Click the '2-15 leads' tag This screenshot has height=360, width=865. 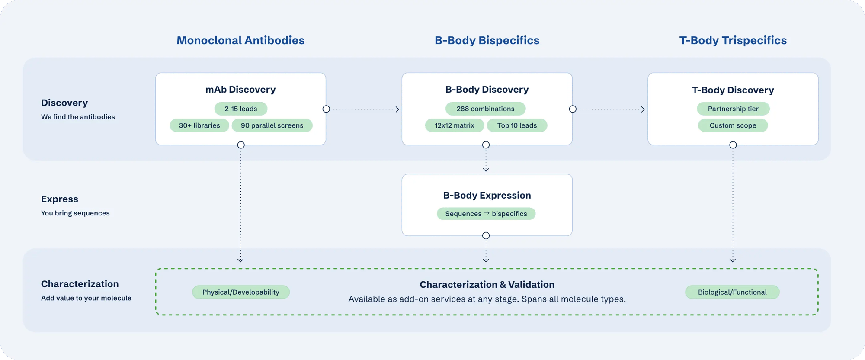241,109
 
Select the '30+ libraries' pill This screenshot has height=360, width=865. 199,125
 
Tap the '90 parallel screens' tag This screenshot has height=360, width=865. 272,125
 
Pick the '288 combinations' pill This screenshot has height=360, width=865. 485,109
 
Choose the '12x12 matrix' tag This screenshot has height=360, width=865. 455,125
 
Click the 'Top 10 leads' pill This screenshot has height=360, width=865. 517,125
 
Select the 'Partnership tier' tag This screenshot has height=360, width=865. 733,109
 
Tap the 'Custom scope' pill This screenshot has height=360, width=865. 733,125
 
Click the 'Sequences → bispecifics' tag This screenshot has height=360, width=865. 486,214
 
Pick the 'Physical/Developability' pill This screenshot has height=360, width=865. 241,292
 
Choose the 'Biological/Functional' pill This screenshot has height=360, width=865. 732,292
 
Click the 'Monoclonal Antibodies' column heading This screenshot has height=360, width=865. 240,40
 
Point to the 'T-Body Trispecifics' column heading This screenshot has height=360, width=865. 733,40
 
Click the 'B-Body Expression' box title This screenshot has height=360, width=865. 487,195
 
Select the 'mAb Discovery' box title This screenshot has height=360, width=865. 240,90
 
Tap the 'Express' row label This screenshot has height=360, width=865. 60,199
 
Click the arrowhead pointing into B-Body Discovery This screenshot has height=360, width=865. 397,109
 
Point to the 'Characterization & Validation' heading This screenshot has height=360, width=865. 487,284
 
